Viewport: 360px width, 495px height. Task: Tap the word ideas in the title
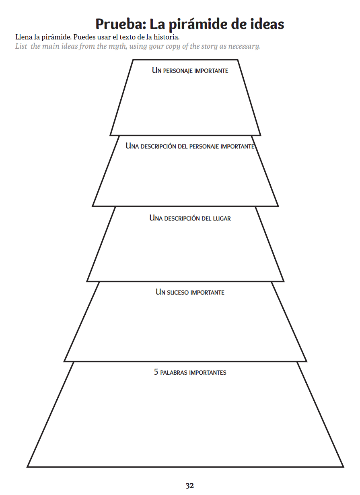click(x=267, y=24)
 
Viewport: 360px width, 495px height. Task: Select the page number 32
click(x=190, y=486)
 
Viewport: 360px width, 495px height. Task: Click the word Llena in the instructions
click(x=23, y=37)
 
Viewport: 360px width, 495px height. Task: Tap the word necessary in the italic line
click(x=243, y=46)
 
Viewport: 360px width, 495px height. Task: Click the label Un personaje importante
click(x=190, y=70)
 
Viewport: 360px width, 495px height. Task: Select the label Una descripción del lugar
click(x=190, y=218)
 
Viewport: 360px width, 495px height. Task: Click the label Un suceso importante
click(x=190, y=292)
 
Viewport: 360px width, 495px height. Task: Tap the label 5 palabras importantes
click(x=190, y=372)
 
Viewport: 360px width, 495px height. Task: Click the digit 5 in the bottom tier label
click(x=156, y=372)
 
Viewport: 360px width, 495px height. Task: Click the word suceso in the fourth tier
click(x=177, y=292)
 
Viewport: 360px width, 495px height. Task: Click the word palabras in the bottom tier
click(x=174, y=373)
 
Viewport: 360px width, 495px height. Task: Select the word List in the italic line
click(x=21, y=46)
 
